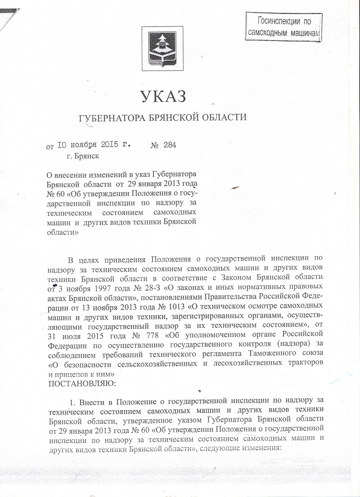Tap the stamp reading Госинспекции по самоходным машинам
284,27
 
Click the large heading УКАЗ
163,97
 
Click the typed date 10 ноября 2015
88,145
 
